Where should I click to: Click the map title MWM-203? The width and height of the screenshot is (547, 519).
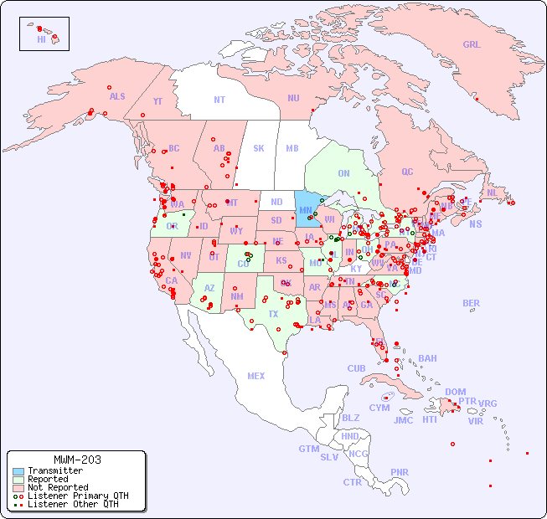tap(76, 460)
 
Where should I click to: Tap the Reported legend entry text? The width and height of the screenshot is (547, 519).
tap(49, 479)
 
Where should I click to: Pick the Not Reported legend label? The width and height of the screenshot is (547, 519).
tap(57, 487)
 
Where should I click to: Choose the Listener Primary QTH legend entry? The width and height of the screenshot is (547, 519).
tap(77, 496)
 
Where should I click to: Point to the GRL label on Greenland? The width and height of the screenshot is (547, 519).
tap(472, 45)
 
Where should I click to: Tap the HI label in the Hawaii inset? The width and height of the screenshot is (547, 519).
tap(41, 39)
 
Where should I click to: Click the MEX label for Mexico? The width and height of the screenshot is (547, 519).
tap(256, 376)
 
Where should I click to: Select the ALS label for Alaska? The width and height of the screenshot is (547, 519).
tap(117, 96)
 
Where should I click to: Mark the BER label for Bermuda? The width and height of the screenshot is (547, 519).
tap(472, 303)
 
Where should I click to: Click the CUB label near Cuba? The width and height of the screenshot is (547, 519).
tap(357, 369)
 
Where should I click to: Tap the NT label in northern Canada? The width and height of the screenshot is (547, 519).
tap(219, 100)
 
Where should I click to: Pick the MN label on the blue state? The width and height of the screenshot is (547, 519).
tap(306, 210)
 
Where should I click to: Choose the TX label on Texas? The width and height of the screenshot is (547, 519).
tap(273, 314)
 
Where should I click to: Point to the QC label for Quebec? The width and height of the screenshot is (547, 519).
tap(407, 172)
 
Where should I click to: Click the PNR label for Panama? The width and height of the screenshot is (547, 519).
tap(400, 472)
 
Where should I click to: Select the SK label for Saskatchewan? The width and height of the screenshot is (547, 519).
tap(259, 148)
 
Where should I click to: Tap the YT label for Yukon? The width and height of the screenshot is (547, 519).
tap(157, 101)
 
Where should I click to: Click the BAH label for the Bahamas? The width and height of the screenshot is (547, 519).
tap(427, 358)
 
